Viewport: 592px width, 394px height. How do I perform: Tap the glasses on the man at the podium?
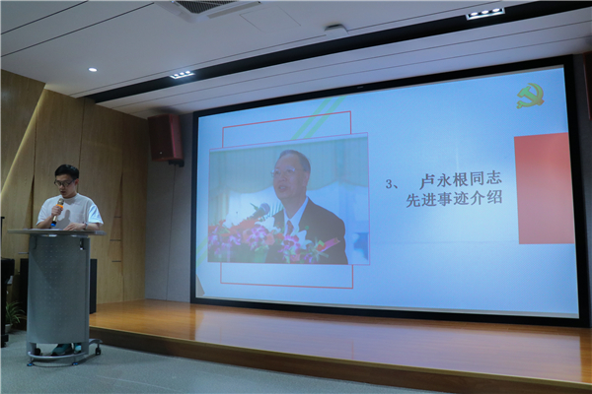[x=63, y=183]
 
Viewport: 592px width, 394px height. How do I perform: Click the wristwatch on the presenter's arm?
[x=86, y=227]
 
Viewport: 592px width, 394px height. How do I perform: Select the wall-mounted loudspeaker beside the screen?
[x=166, y=139]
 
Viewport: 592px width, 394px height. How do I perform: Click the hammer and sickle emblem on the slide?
[x=531, y=97]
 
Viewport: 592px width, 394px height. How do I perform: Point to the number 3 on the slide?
[x=389, y=184]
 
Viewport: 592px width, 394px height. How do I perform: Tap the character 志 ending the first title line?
[x=494, y=177]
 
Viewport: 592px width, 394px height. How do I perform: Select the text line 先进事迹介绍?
[x=454, y=199]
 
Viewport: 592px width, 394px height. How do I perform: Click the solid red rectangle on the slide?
[x=544, y=188]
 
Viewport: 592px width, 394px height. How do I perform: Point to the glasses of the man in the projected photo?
[x=283, y=172]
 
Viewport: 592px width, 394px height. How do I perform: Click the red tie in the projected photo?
[x=289, y=229]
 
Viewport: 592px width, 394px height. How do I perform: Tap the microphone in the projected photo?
[x=259, y=212]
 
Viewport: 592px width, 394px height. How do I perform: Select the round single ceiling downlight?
[x=93, y=70]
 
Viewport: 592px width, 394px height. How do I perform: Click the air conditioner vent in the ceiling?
[x=207, y=8]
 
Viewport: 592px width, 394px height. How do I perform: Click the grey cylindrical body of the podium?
[x=58, y=291]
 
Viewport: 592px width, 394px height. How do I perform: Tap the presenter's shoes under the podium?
[x=66, y=349]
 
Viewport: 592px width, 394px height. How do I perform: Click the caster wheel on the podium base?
[x=98, y=351]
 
